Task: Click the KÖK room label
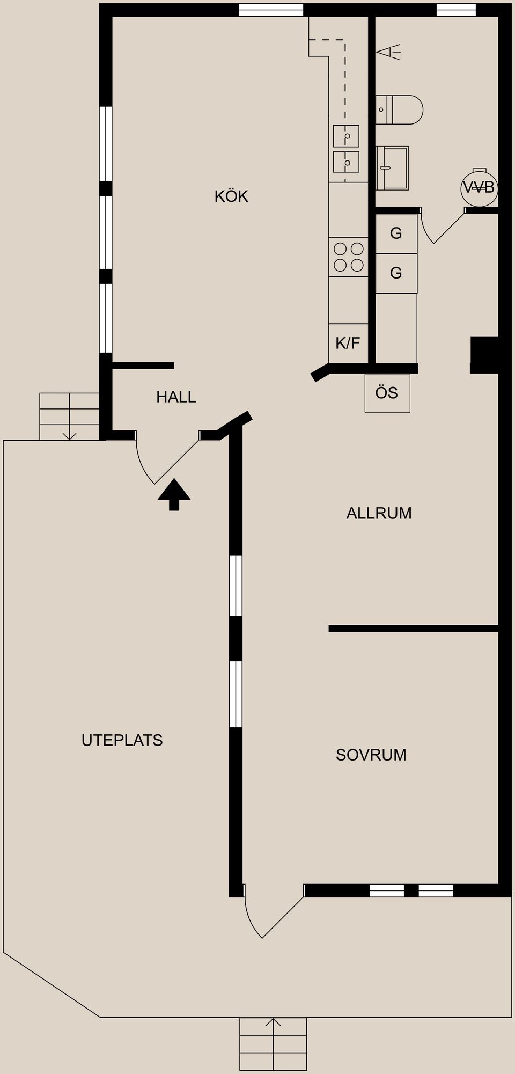231,196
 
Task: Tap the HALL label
176,397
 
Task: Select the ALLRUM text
379,513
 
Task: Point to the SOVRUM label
371,755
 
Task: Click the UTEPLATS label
122,740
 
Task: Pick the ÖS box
387,393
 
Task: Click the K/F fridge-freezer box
348,343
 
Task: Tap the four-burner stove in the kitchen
349,257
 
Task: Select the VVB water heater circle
480,187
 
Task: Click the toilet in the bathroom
399,109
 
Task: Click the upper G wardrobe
396,233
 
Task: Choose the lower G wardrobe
396,273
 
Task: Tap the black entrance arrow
174,494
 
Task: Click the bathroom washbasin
392,168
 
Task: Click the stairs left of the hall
69,417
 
